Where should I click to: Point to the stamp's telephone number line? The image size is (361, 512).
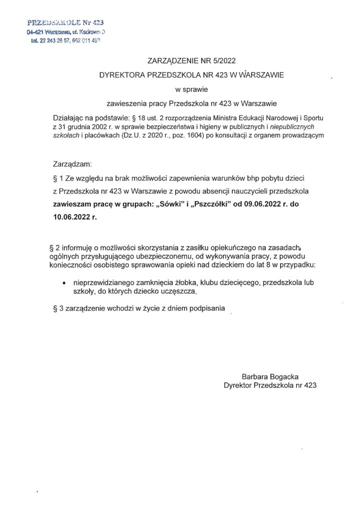click(x=65, y=42)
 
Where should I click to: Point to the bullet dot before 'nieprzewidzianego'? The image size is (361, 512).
click(x=63, y=283)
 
